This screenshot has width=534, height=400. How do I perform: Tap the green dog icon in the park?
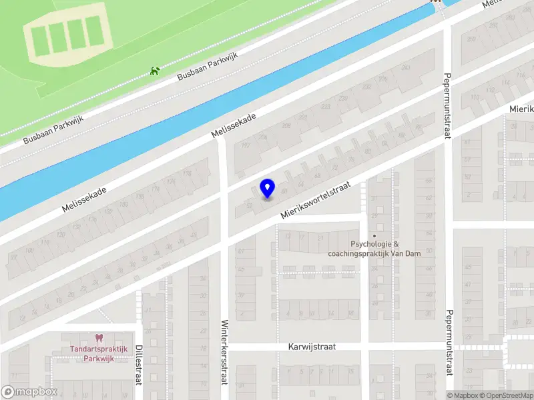pos(156,70)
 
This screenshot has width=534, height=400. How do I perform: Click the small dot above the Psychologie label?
pos(374,235)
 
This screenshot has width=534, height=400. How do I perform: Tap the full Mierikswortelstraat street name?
pos(316,203)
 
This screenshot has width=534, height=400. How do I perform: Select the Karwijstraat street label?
pos(312,347)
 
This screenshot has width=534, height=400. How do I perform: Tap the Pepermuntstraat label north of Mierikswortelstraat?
pos(447,107)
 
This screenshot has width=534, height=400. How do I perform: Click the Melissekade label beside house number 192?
pos(233,125)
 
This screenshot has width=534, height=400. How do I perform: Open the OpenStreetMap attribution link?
pos(505,395)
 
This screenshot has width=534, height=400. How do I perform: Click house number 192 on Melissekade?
pos(244,145)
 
